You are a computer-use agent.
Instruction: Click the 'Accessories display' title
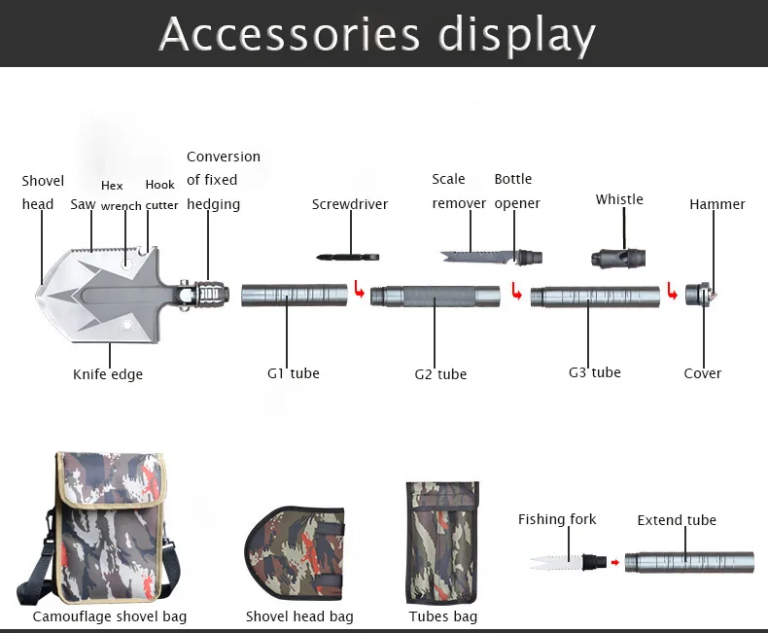pos(377,34)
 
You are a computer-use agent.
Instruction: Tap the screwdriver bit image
pos(347,257)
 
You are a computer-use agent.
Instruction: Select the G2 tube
pos(436,295)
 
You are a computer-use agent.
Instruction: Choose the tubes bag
pos(441,544)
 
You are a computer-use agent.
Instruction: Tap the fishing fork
pos(558,562)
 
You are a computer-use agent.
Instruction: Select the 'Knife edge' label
pos(108,374)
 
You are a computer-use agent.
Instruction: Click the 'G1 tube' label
pos(294,373)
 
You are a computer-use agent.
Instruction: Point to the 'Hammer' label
pos(717,204)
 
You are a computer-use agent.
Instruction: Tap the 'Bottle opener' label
pos(515,191)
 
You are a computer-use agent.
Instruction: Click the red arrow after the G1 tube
pos(360,290)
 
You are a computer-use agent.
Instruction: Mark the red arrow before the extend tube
pos(613,562)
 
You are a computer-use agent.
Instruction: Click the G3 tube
pos(595,295)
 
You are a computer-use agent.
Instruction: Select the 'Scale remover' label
pos(459,191)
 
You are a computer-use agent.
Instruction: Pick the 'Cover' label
pos(703,373)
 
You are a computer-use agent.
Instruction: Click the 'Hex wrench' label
pos(121,196)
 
